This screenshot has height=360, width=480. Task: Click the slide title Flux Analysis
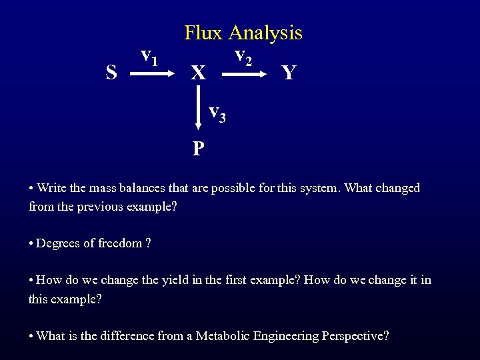tap(243, 32)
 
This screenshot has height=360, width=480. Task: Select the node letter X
tap(198, 72)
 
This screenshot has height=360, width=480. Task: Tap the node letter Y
tap(289, 72)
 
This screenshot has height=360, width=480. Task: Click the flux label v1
tap(149, 58)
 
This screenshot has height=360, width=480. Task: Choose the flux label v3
tap(217, 114)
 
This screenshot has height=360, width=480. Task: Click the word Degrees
tap(57, 243)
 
